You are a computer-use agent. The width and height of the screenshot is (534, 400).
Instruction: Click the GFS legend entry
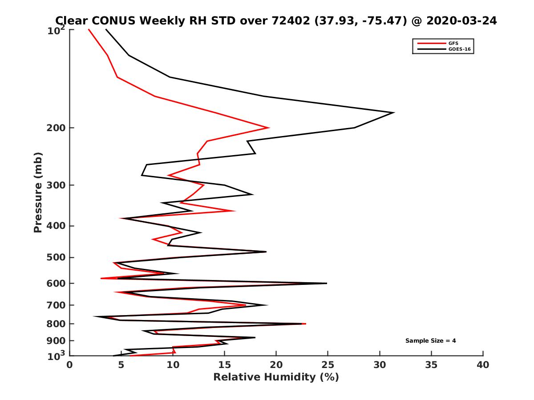(x=454, y=43)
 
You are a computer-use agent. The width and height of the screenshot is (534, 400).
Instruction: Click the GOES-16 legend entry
(x=458, y=49)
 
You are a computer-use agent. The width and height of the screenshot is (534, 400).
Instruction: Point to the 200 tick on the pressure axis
(x=56, y=128)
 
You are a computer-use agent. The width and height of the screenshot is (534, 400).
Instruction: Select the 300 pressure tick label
(x=56, y=185)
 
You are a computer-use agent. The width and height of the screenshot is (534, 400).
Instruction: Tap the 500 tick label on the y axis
(x=56, y=257)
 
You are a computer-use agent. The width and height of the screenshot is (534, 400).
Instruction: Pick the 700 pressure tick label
(x=56, y=305)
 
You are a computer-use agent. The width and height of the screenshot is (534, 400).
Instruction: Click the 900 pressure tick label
(x=56, y=341)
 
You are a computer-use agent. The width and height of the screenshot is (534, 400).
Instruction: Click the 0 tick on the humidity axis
(x=70, y=365)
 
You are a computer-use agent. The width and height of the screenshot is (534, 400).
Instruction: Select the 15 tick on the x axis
(x=225, y=365)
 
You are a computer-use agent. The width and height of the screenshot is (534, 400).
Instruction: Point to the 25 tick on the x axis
(x=328, y=365)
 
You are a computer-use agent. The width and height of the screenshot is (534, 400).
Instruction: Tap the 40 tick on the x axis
(x=483, y=365)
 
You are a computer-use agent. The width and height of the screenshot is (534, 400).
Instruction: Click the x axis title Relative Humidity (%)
(x=276, y=377)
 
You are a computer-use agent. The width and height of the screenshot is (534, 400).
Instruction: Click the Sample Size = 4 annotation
(x=430, y=341)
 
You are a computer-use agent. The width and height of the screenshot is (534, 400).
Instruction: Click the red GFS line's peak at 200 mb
(x=269, y=128)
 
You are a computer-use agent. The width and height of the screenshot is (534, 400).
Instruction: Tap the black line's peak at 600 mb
(x=327, y=283)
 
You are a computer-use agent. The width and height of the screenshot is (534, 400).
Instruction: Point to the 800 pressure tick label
(x=56, y=324)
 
